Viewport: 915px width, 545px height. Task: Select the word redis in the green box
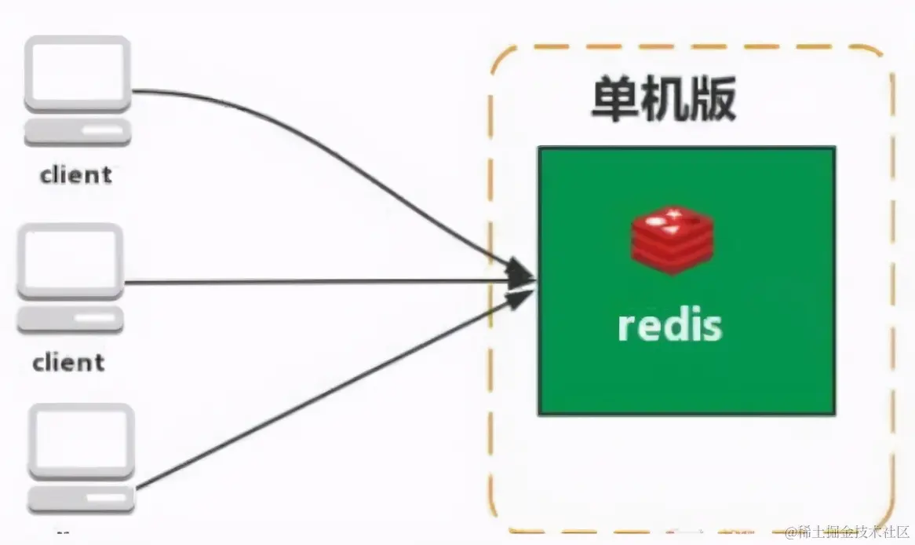click(x=669, y=325)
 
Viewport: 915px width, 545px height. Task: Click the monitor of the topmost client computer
click(x=77, y=75)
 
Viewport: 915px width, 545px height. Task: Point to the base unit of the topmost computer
click(x=77, y=133)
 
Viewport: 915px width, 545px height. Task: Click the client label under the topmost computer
click(x=76, y=174)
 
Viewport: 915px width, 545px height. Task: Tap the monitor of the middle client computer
click(x=71, y=262)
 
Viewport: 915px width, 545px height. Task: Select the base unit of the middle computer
click(x=71, y=320)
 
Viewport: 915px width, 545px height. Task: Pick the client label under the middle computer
click(x=68, y=363)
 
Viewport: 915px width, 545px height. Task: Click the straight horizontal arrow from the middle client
click(x=314, y=282)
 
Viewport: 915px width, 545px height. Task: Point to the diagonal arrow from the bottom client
click(x=314, y=393)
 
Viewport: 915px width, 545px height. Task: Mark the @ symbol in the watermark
click(x=792, y=533)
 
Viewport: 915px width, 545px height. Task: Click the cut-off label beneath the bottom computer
click(x=63, y=534)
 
